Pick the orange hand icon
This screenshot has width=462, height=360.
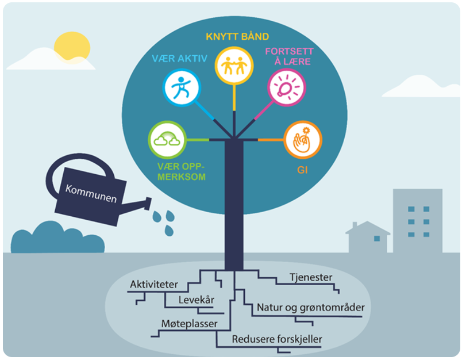[302, 139]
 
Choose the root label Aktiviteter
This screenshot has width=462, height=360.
[154, 285]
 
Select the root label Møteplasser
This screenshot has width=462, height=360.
[189, 324]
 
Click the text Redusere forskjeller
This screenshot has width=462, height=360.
[276, 339]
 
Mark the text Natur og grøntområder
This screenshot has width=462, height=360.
[310, 308]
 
